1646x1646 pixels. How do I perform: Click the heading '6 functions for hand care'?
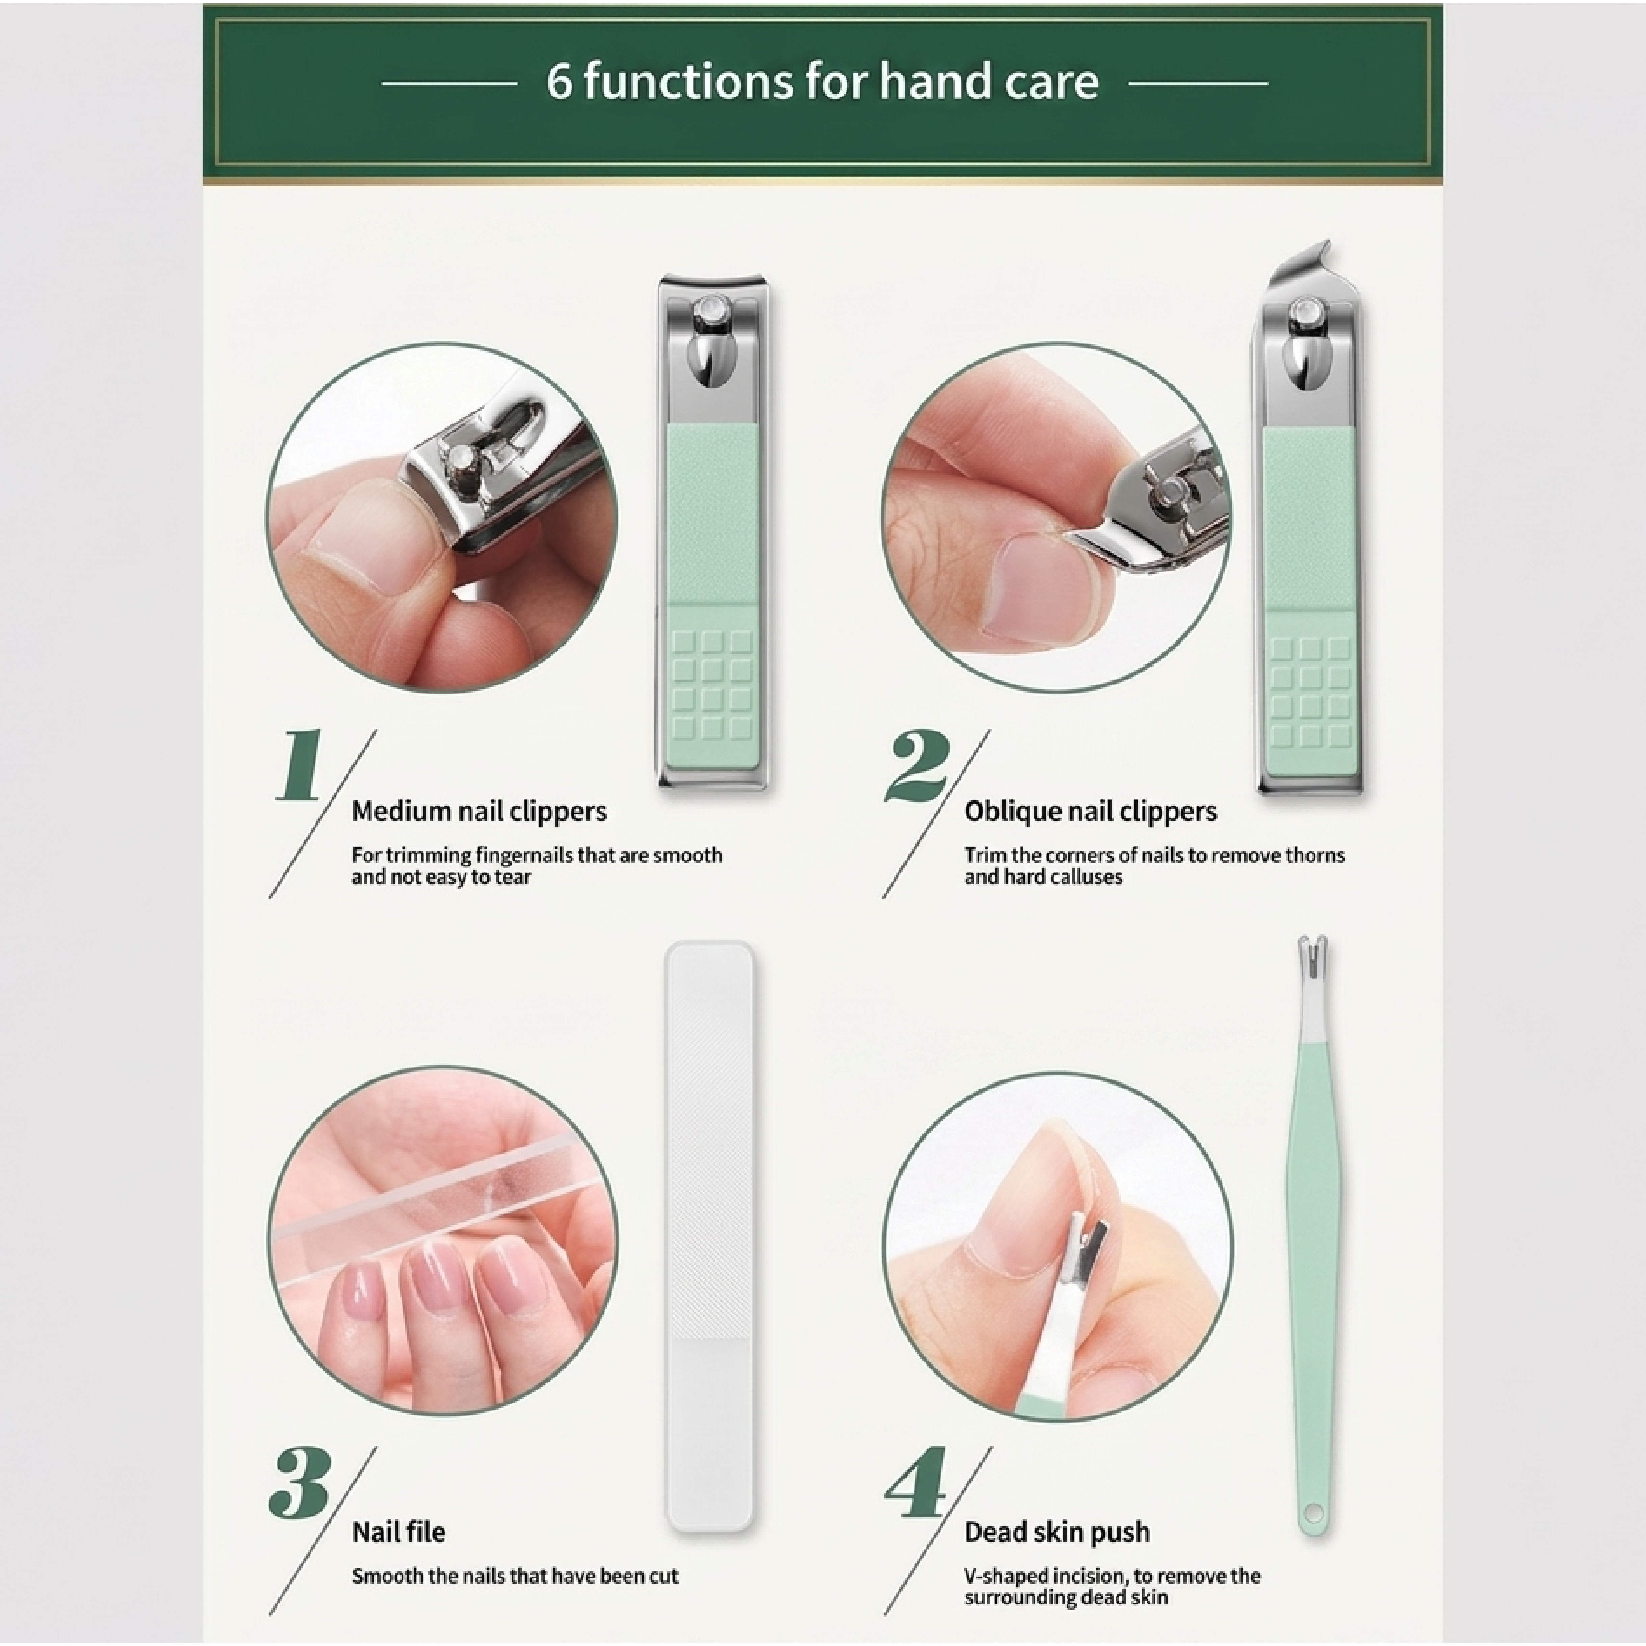tap(822, 82)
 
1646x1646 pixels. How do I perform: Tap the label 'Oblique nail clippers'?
tap(1091, 811)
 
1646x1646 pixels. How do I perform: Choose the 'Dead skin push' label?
tap(1057, 1532)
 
